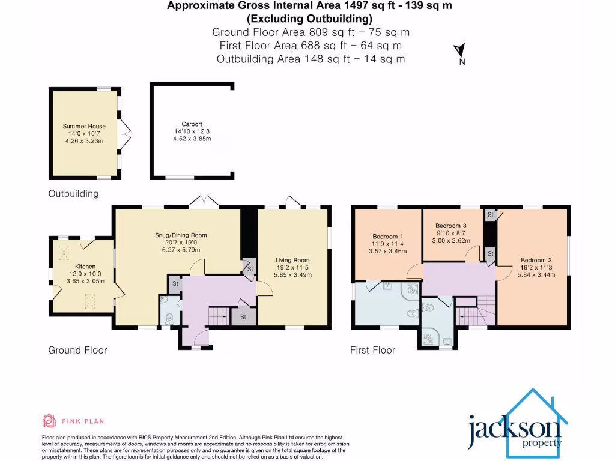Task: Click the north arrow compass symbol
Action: (460, 52)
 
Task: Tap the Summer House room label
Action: (84, 127)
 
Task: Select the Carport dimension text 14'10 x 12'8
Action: (192, 131)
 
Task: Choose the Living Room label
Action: (292, 260)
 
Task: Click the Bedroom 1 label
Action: (387, 236)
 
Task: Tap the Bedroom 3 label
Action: (451, 226)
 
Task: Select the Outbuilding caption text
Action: (73, 194)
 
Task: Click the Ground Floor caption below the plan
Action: (77, 350)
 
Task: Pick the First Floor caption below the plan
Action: (372, 350)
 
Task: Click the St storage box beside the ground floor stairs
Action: (243, 316)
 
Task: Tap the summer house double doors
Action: (125, 133)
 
